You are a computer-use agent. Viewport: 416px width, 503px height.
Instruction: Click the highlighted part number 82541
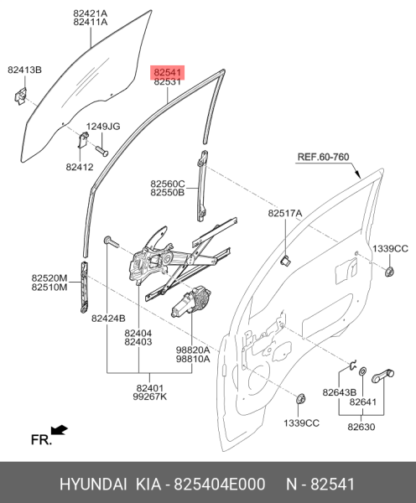(167, 73)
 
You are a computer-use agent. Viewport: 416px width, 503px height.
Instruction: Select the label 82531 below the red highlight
(167, 83)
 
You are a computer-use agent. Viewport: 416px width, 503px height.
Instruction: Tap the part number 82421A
(90, 13)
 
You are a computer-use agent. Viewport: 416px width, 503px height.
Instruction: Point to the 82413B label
(25, 70)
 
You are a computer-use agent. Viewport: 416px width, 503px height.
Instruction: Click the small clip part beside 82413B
(19, 97)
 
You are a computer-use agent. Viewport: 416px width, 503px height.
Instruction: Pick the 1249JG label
(104, 127)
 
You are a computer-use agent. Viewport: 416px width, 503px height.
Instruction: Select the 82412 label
(81, 168)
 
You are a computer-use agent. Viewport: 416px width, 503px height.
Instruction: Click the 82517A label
(285, 214)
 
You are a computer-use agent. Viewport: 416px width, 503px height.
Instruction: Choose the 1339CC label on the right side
(390, 249)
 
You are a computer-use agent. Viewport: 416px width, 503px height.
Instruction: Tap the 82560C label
(168, 183)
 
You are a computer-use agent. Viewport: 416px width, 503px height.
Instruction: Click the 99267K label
(150, 398)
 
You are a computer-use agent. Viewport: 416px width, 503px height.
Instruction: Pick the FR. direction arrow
(59, 431)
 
